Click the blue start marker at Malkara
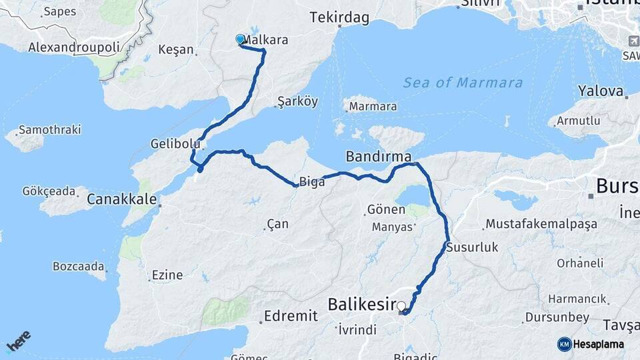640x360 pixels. (x=241, y=39)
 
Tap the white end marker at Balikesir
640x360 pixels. (x=401, y=306)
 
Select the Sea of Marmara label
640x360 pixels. (x=463, y=83)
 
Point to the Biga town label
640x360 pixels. (x=313, y=181)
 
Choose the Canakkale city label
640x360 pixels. (x=122, y=199)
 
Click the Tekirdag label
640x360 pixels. (x=339, y=18)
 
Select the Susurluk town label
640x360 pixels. (x=472, y=247)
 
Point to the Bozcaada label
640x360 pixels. (x=78, y=267)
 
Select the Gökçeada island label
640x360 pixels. (x=49, y=191)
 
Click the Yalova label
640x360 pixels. (x=601, y=91)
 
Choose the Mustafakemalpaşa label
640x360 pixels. (x=541, y=224)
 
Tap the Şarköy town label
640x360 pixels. (x=297, y=102)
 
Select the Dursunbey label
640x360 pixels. (x=557, y=317)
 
